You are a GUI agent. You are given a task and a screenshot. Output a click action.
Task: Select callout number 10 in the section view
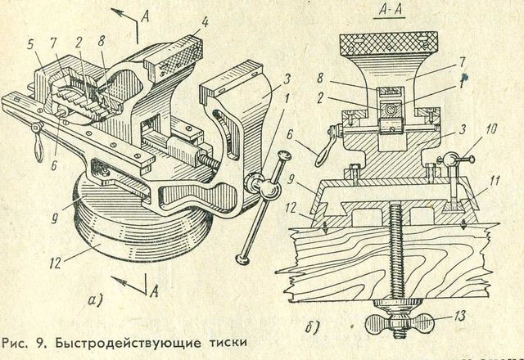pos(466,131)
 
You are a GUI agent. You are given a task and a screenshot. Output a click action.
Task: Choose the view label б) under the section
pos(315,329)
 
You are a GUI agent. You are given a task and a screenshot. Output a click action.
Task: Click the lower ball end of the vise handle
pos(242,259)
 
